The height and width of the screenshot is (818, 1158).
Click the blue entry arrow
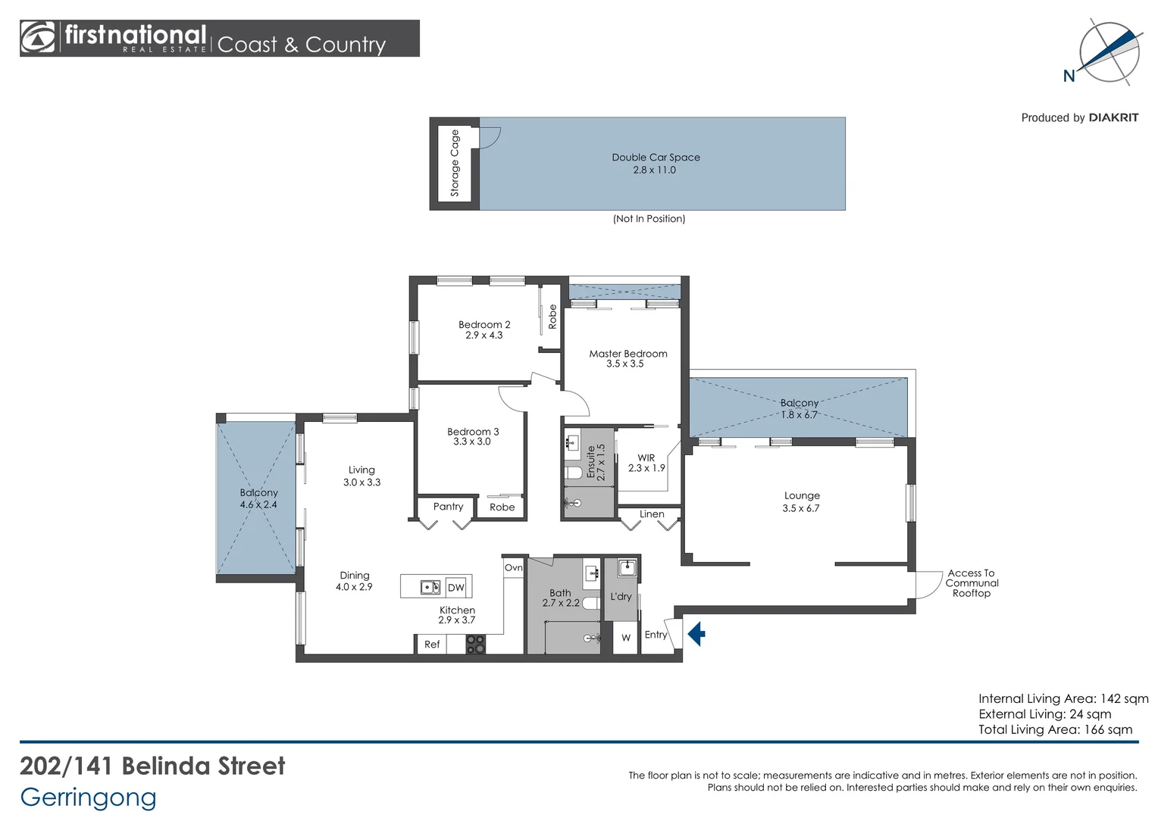pyautogui.click(x=696, y=633)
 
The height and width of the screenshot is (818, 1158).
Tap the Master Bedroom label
pyautogui.click(x=628, y=354)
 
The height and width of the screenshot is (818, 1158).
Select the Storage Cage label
pyautogui.click(x=455, y=163)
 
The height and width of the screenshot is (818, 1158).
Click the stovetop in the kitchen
pyautogui.click(x=476, y=645)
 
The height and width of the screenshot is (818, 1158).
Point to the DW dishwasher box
pyautogui.click(x=456, y=588)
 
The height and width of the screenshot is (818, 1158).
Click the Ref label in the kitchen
pyautogui.click(x=432, y=645)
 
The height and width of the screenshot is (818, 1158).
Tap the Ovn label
pyautogui.click(x=513, y=568)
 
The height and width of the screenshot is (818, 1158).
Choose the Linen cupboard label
pyautogui.click(x=652, y=514)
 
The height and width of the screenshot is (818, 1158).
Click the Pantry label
pyautogui.click(x=448, y=507)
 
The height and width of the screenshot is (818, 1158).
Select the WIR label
pyautogui.click(x=646, y=457)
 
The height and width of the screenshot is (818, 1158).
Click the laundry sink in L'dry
pyautogui.click(x=627, y=568)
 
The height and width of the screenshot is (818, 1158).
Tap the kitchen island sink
pyautogui.click(x=430, y=588)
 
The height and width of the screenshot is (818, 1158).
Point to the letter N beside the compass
pyautogui.click(x=1069, y=76)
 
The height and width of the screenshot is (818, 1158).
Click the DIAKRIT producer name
pyautogui.click(x=1113, y=118)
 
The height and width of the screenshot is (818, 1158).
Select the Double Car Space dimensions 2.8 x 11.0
pyautogui.click(x=655, y=170)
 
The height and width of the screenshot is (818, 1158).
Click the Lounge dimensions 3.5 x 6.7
pyautogui.click(x=801, y=508)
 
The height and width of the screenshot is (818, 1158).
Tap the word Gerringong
pyautogui.click(x=88, y=798)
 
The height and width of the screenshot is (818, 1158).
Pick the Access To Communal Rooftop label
pyautogui.click(x=972, y=583)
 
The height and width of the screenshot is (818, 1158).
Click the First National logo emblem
pyautogui.click(x=37, y=37)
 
